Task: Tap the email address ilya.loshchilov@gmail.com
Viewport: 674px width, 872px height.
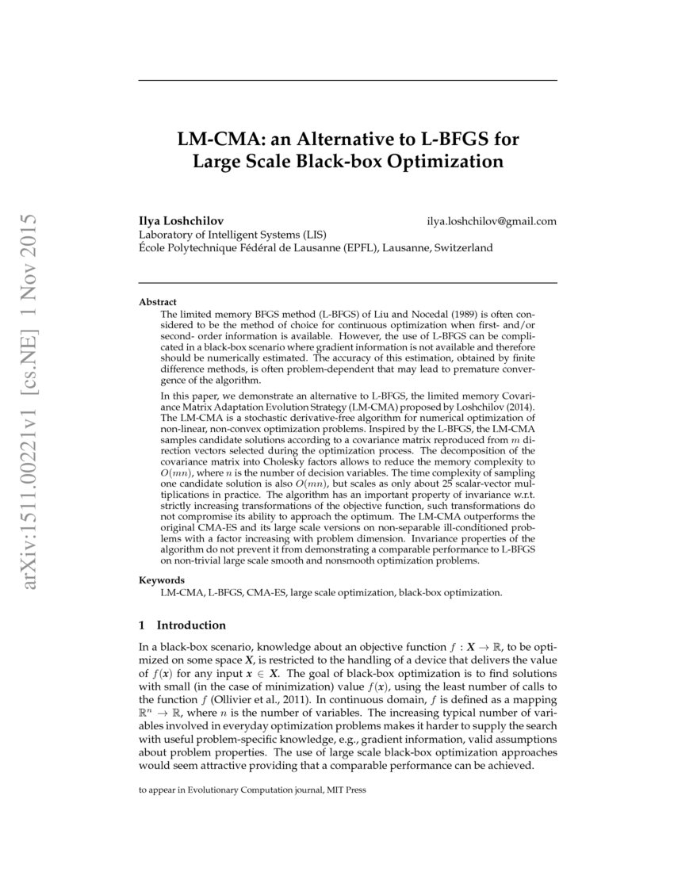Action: tap(492, 221)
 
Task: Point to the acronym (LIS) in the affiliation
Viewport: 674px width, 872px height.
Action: tap(311, 235)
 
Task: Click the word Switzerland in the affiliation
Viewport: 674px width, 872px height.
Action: tap(461, 247)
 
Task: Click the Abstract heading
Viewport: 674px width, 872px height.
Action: tap(158, 302)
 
